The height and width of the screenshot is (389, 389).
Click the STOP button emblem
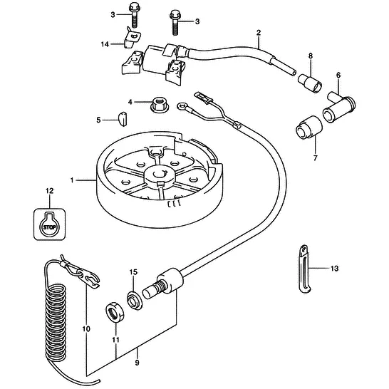[50, 224]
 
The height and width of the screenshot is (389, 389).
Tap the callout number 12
[49, 191]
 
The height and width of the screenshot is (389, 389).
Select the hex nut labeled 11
[115, 312]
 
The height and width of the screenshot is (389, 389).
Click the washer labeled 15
[135, 300]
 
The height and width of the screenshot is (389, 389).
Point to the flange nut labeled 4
[160, 105]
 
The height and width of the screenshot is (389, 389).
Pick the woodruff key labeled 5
[123, 119]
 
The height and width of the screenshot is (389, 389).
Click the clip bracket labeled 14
[132, 38]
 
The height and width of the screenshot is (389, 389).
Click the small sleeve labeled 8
[310, 83]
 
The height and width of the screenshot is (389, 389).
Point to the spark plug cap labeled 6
[339, 108]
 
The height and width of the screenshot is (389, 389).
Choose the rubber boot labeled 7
[309, 127]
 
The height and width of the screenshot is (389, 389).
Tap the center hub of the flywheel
[158, 175]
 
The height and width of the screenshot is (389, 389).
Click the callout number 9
[138, 363]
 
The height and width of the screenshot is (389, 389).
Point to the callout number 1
[72, 180]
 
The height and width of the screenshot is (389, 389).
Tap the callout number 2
[259, 33]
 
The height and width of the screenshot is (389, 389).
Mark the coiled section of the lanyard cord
[56, 323]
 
